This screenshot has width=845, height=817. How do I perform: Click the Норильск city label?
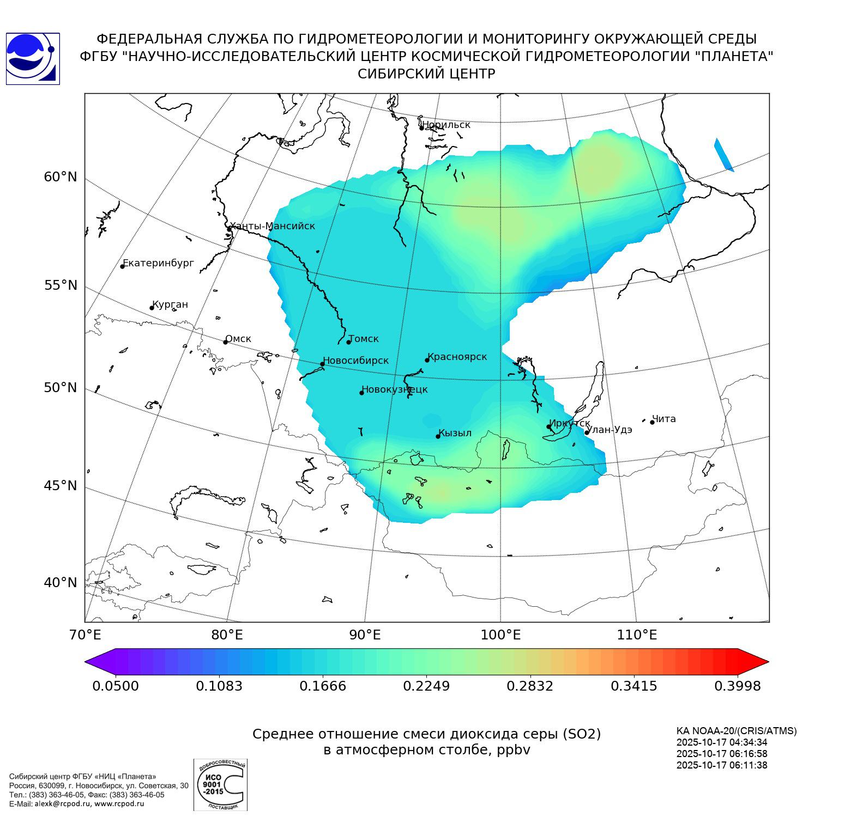(446, 125)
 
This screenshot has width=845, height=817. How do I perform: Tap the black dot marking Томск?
(349, 342)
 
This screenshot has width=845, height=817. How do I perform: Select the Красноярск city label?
(457, 357)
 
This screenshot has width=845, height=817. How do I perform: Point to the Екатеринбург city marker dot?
(123, 266)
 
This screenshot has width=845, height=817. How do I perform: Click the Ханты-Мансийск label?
(272, 226)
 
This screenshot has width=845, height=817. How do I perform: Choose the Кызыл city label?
(455, 433)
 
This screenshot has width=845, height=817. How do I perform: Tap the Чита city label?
(664, 419)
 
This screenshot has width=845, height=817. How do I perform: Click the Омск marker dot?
(225, 342)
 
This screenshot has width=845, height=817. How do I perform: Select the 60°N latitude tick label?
(61, 177)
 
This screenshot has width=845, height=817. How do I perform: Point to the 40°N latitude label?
(61, 583)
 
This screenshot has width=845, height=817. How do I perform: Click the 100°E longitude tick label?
(500, 635)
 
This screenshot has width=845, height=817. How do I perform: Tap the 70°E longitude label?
(86, 635)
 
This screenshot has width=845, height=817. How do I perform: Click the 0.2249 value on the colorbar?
(426, 686)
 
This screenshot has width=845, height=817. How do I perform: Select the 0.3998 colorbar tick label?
(737, 686)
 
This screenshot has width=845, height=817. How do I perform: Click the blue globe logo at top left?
(32, 59)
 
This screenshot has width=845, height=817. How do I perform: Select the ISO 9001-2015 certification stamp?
(220, 784)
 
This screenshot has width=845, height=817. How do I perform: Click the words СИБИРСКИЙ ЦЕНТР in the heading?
(426, 74)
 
